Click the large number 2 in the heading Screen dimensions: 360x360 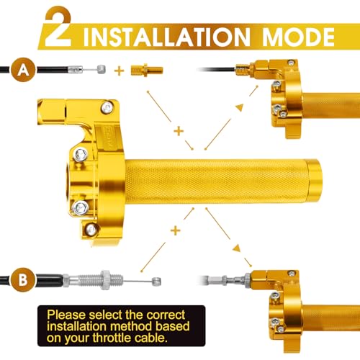pos(58,27)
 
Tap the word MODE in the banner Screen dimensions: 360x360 pos(298,37)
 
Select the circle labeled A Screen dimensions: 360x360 pos(23,70)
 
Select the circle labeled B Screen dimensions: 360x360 pos(23,279)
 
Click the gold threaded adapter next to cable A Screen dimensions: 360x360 pos(147,70)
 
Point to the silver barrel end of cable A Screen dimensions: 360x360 pos(101,69)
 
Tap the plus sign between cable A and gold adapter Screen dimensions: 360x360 pos(119,71)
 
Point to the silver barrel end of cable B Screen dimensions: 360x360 pos(156,282)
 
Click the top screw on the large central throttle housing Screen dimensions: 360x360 pos(107,108)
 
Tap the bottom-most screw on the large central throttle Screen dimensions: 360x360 pos(91,230)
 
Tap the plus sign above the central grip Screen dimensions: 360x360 pos(179,131)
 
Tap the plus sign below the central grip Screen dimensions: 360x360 pos(176,231)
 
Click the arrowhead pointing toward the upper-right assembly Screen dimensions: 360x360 pos(240,107)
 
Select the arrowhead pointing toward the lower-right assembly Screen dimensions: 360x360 pos(237,248)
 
